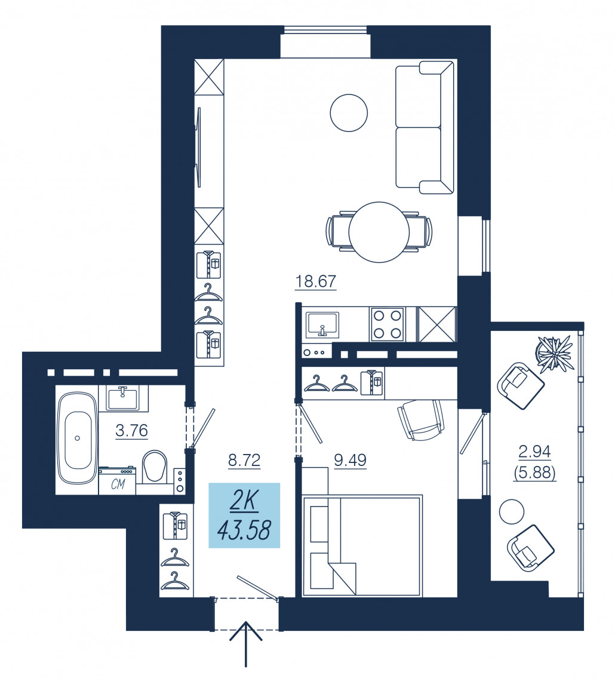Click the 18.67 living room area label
pos(315,281)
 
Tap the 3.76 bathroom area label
pos(131,430)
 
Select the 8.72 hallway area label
pos(244,460)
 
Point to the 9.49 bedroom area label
pos(350,460)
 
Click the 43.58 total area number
pos(244,530)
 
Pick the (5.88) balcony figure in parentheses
pos(535,472)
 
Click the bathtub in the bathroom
pos(78,437)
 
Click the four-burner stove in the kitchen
pos(387,324)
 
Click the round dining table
pos(379,232)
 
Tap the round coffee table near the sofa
pos(349,113)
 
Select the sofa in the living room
pos(425,127)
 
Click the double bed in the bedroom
pos(362,545)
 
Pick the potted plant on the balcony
pos(554,354)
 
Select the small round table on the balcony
pos(512,511)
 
